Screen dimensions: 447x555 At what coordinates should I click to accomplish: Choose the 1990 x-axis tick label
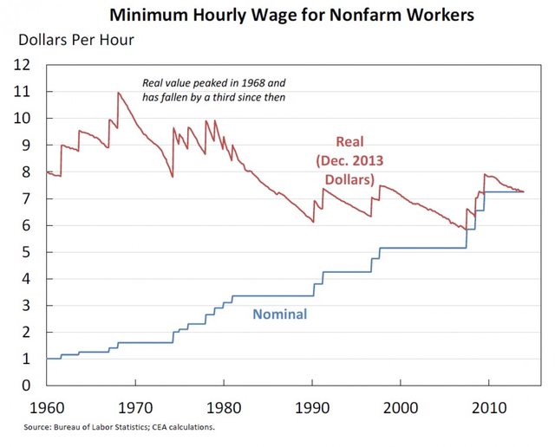pos(312,406)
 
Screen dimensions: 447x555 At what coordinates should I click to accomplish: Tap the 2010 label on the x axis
pos(488,406)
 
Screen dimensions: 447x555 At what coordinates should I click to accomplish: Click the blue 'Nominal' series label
pos(279,314)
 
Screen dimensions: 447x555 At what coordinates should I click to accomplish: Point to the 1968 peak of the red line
pos(118,92)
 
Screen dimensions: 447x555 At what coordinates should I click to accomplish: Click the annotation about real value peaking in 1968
pos(213,89)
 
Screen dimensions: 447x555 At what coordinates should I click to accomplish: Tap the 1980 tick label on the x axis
pos(224,406)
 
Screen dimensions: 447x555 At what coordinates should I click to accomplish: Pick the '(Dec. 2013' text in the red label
pos(350,161)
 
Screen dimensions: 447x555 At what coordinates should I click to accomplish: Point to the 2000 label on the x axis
pos(401,406)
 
